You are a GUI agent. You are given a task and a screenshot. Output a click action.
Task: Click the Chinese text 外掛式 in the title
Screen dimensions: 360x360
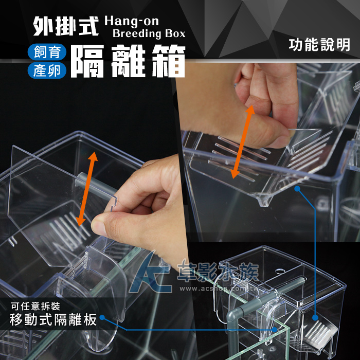[66, 26]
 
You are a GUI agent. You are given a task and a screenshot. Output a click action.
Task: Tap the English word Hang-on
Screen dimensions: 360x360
[132, 22]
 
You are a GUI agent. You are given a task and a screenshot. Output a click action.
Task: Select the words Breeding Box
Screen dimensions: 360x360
[149, 33]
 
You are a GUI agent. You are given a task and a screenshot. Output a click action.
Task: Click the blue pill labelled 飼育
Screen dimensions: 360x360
[47, 52]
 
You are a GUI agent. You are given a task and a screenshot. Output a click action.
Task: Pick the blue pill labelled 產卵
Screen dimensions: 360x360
[47, 70]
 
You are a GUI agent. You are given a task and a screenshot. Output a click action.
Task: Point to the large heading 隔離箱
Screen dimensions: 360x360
[128, 61]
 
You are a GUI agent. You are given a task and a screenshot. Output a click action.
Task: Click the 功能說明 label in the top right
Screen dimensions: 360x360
[319, 45]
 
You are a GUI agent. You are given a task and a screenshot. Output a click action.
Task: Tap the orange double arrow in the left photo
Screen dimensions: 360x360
[87, 189]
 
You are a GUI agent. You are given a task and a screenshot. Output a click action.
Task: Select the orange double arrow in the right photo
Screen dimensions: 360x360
[243, 142]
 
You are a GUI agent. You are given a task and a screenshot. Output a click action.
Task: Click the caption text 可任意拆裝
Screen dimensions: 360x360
[35, 306]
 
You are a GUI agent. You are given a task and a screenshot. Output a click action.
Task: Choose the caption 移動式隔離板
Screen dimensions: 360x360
[53, 319]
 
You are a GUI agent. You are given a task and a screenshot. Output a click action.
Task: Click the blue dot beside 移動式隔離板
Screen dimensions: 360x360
[102, 317]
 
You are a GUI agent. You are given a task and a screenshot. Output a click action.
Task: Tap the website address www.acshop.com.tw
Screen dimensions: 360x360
[219, 289]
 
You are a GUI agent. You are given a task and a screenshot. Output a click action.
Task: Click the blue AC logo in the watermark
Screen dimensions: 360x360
[150, 274]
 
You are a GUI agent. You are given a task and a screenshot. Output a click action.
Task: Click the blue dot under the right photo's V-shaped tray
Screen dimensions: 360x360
[297, 189]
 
